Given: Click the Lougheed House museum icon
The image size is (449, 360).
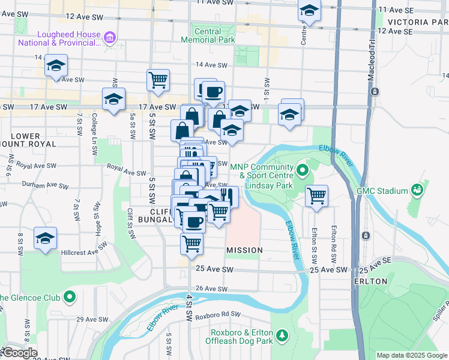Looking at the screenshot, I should click(x=110, y=39).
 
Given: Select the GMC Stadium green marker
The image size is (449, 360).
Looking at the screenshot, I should click(x=417, y=191).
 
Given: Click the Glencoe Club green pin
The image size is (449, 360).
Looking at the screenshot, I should click(x=70, y=297).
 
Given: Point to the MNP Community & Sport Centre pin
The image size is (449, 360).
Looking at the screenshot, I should click(x=303, y=172).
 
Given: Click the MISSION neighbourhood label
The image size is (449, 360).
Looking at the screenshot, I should click(x=244, y=250).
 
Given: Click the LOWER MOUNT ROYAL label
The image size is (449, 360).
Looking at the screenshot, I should click(x=29, y=140).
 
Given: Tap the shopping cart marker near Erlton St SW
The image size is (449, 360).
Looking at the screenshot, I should click(x=316, y=195).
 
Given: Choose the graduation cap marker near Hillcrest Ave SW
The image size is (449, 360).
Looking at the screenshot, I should click(x=46, y=238).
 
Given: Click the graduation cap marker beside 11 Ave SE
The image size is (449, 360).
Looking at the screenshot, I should click(x=310, y=10).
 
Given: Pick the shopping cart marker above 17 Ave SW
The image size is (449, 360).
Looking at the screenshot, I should click(x=158, y=80).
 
